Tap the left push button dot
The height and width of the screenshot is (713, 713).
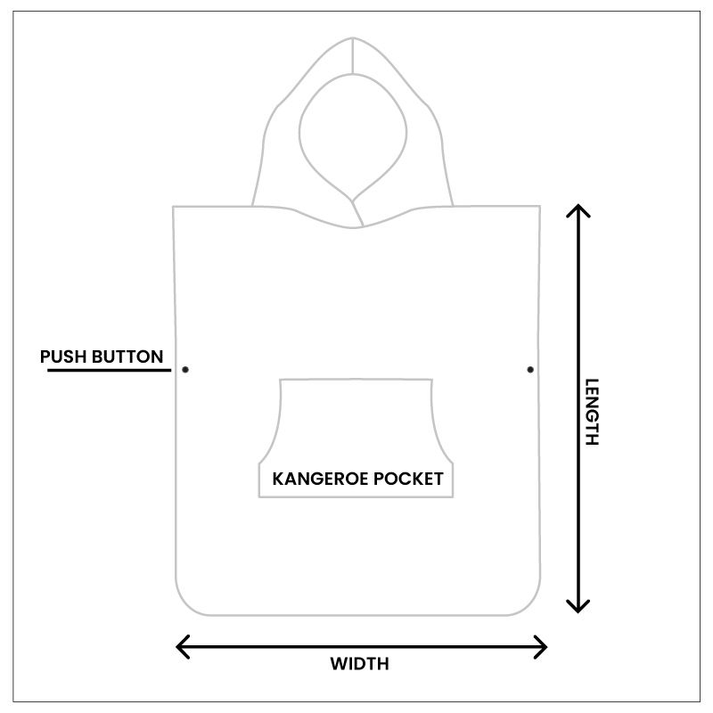pyautogui.click(x=185, y=369)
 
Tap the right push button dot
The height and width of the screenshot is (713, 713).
pyautogui.click(x=530, y=369)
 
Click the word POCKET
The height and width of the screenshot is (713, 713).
pyautogui.click(x=409, y=479)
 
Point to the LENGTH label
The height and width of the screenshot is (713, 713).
pyautogui.click(x=592, y=412)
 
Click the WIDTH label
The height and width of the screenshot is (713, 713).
pyautogui.click(x=360, y=664)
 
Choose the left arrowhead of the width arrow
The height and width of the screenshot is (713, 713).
pyautogui.click(x=180, y=646)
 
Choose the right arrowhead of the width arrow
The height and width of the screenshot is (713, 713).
pyautogui.click(x=543, y=646)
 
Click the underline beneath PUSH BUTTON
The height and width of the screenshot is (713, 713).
pyautogui.click(x=108, y=369)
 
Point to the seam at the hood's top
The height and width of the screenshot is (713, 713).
pyautogui.click(x=355, y=55)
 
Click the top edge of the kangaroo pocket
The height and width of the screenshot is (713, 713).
pyautogui.click(x=356, y=380)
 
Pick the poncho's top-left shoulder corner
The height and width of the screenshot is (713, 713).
pyautogui.click(x=175, y=208)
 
